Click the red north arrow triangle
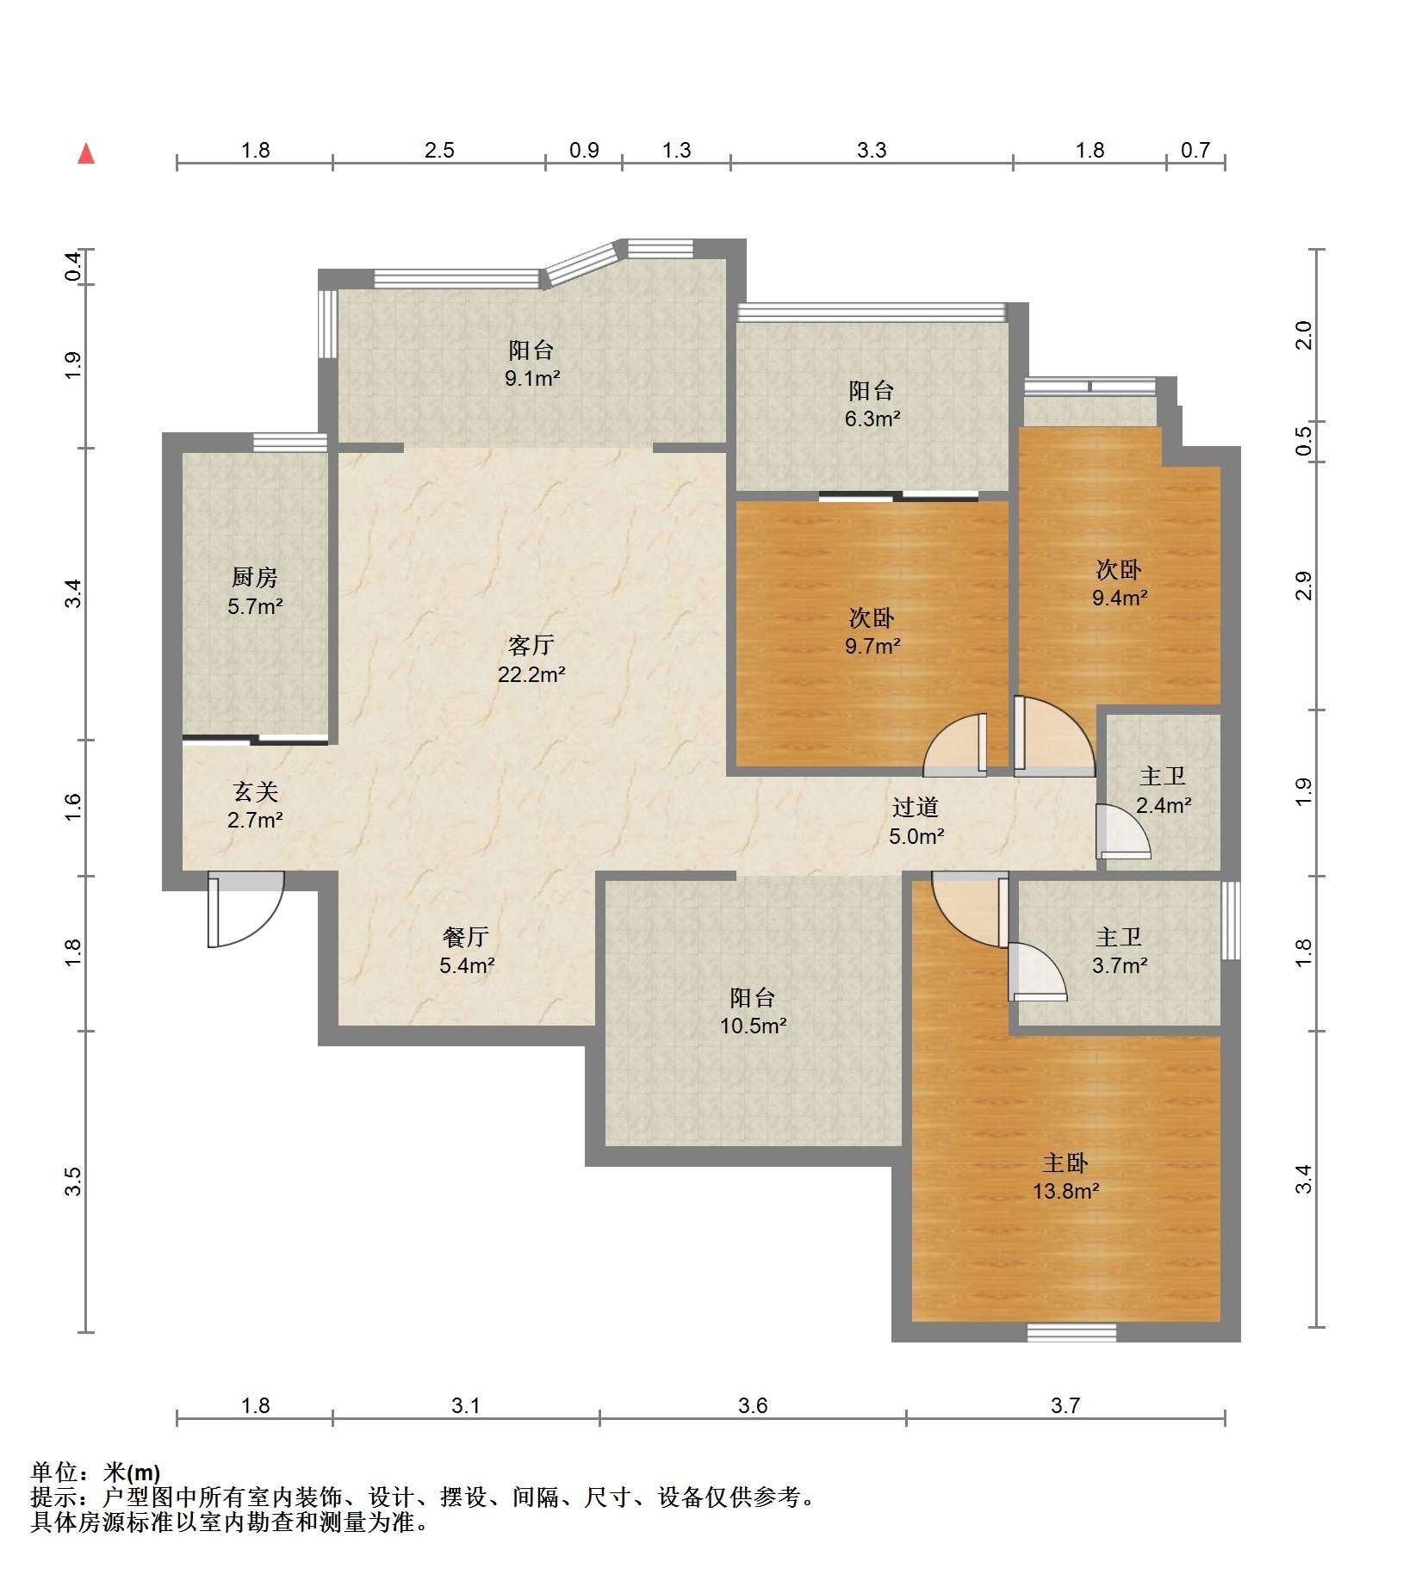tap(86, 154)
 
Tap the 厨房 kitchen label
tap(255, 577)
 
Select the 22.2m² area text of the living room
tap(531, 674)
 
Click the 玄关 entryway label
tap(255, 790)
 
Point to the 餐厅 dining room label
tap(466, 936)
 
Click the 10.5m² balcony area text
tap(754, 1026)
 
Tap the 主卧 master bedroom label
tap(1065, 1163)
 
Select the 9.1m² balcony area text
tap(532, 378)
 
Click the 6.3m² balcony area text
tap(872, 418)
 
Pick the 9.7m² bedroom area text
tap(872, 646)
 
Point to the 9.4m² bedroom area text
tap(1120, 598)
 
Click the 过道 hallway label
tap(916, 807)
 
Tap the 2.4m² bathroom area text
tap(1164, 805)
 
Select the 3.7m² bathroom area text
tap(1120, 965)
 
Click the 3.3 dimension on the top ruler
tap(872, 151)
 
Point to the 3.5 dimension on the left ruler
tap(73, 1181)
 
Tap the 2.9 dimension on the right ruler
tap(1304, 586)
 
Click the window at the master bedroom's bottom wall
tap(1071, 1333)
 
